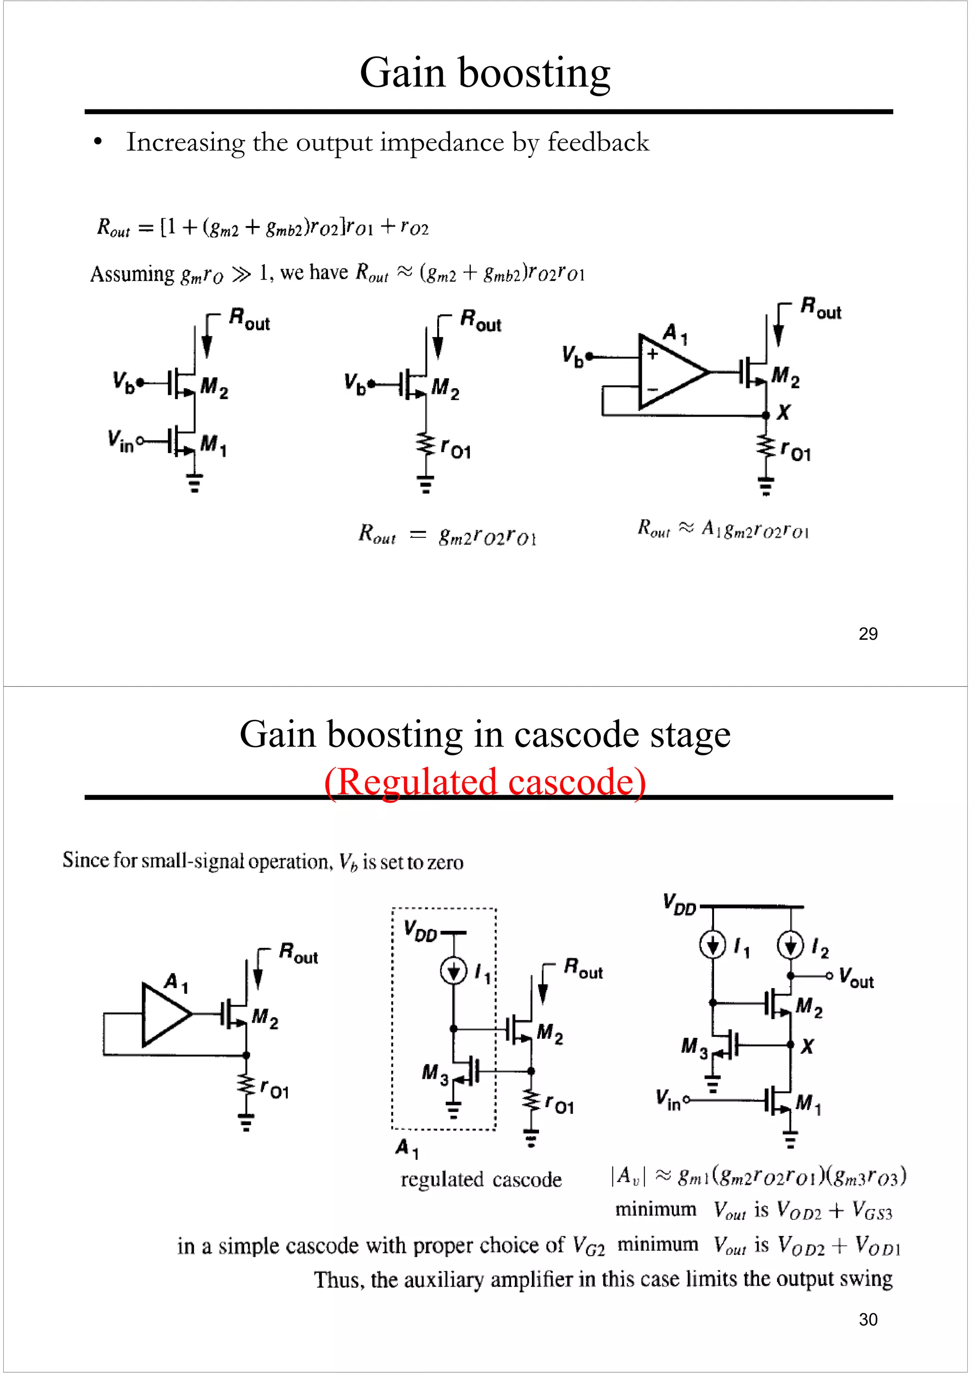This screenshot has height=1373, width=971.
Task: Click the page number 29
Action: [868, 634]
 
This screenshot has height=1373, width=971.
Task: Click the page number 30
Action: [868, 1319]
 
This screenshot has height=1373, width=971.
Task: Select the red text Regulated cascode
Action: [485, 782]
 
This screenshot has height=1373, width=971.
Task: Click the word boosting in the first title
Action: [534, 73]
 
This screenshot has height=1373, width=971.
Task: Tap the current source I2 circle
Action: [790, 946]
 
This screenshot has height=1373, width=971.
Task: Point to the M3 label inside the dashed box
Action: [434, 1073]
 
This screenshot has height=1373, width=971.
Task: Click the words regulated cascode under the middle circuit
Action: [481, 1179]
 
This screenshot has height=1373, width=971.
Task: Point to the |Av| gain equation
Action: [758, 1176]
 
